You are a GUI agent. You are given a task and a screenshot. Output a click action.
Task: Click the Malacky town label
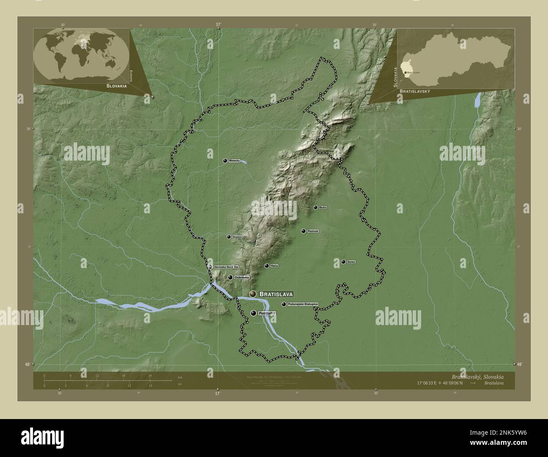point(234,161)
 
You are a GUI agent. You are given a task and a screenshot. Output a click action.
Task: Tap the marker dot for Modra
point(315,207)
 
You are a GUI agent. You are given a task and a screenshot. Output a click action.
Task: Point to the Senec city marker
point(343,262)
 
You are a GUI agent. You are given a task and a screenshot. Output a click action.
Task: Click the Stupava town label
point(237,237)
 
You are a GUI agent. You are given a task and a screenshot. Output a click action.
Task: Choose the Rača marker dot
point(266,266)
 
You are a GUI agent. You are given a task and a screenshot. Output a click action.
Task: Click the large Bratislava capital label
point(276,293)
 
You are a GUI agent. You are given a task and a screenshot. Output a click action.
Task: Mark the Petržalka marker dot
point(253,313)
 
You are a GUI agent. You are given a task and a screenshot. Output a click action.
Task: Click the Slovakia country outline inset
point(456,59)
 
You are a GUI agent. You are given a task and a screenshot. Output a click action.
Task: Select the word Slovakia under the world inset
point(111,86)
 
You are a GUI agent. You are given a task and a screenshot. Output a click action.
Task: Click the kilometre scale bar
point(107,380)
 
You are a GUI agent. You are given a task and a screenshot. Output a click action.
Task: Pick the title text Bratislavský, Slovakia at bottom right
point(477,376)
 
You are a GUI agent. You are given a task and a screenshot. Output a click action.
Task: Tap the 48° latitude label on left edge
point(29,364)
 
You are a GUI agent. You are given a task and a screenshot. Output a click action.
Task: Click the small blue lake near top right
point(478,100)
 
